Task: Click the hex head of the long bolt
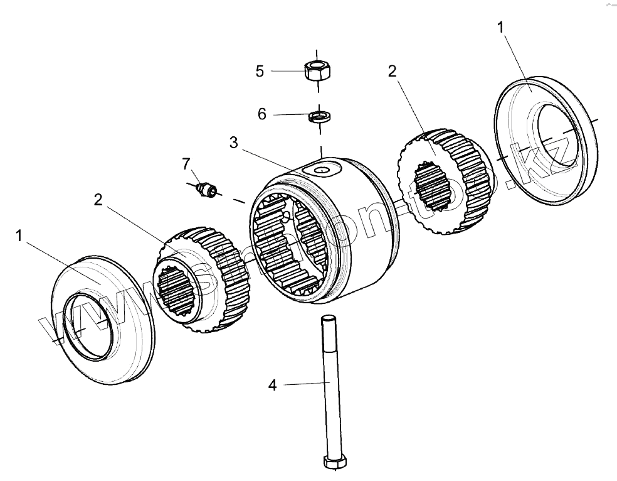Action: tap(334, 463)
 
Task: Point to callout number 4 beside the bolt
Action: tap(272, 385)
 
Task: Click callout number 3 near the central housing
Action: tap(233, 143)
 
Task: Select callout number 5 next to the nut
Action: tap(260, 70)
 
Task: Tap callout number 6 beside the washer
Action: tap(262, 114)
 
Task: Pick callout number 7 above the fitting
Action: tap(186, 164)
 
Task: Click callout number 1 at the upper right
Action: tap(500, 28)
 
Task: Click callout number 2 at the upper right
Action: tap(392, 70)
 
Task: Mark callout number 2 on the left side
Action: tap(98, 199)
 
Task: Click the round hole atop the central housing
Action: tap(322, 170)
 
